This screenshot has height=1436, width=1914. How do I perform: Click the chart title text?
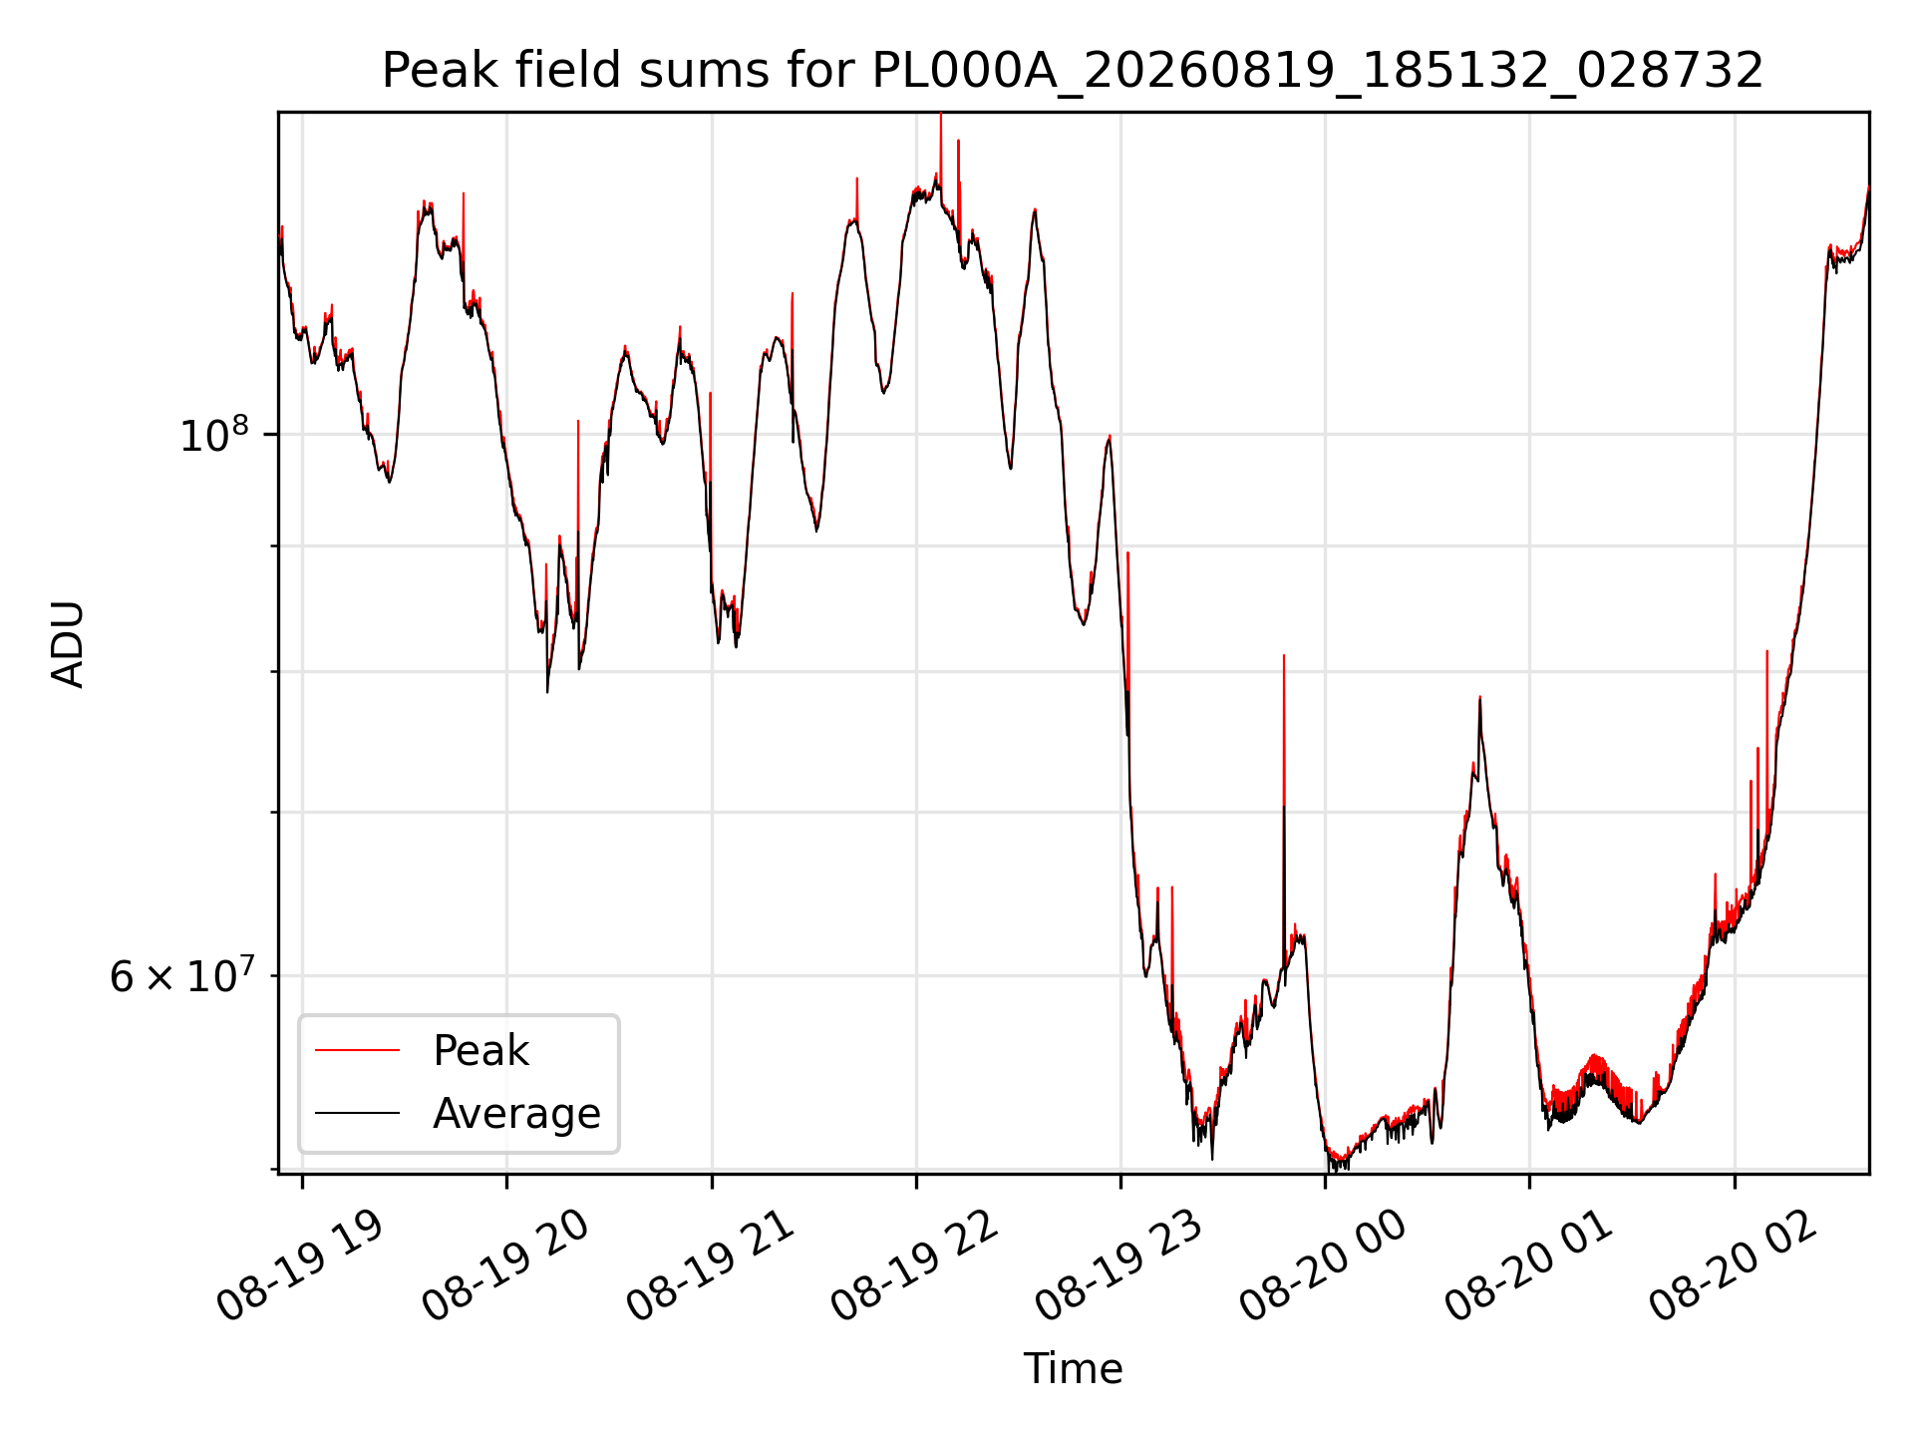point(1073,71)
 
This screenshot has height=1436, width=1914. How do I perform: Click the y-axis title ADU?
point(68,644)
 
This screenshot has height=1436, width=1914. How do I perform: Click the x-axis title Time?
point(1073,1369)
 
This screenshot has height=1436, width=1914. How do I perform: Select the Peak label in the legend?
point(480,1051)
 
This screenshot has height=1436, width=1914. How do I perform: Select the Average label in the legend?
point(516,1113)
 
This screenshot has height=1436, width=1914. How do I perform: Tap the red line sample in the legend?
point(357,1050)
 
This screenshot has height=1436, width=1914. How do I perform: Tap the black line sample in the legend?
point(357,1113)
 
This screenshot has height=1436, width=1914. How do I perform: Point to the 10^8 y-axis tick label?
point(212,435)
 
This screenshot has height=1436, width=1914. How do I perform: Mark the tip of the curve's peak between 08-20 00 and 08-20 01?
point(1479,697)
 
